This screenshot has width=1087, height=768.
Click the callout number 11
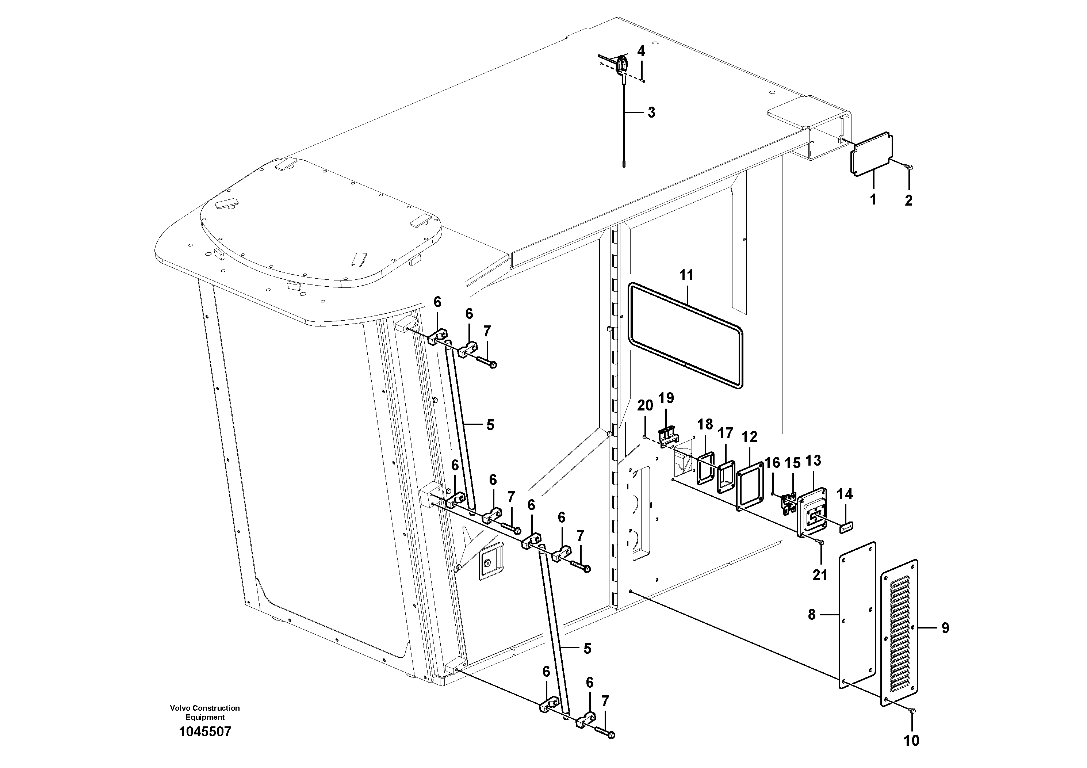pos(686,275)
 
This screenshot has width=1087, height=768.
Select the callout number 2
pos(908,200)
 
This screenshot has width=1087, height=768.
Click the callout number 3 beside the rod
pos(651,113)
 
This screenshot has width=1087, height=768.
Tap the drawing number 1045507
pos(205,731)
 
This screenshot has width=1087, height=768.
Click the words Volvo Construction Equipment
pos(205,712)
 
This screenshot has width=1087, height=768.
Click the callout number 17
pos(725,434)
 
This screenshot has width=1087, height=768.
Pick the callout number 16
pos(772,463)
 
